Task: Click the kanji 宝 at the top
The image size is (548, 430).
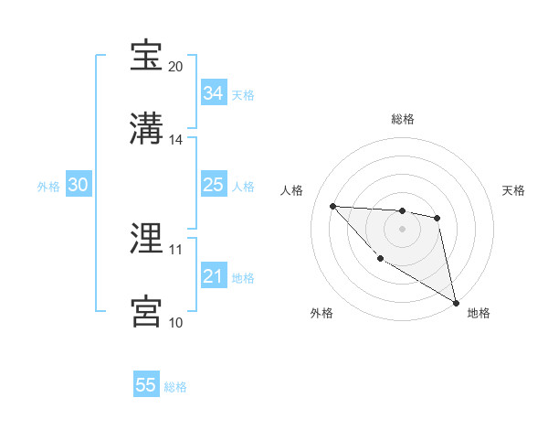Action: tap(146, 56)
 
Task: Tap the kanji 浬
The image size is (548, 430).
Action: tap(146, 239)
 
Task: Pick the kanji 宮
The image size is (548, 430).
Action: tap(146, 311)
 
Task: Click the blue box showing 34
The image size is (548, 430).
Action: tap(214, 93)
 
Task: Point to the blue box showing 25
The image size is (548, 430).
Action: tap(214, 186)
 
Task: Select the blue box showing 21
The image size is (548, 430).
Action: tap(214, 276)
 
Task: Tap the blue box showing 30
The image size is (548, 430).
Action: tap(79, 185)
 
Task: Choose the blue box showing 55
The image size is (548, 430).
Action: tap(146, 385)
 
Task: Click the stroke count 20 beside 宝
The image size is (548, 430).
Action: tap(176, 67)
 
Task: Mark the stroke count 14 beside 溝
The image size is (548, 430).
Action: tap(176, 140)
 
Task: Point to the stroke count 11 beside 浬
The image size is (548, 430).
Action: tap(175, 249)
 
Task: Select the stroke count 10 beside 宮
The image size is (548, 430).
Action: tap(175, 322)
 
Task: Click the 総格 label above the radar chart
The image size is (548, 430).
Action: tap(403, 119)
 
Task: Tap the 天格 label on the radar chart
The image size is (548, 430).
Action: tap(514, 190)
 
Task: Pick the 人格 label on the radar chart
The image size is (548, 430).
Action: tap(292, 190)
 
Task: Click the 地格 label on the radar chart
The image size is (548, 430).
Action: tap(479, 313)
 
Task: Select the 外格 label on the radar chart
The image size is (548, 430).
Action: tap(321, 313)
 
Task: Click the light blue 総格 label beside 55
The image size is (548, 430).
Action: tap(175, 387)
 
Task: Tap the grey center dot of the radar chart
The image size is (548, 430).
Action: tap(402, 229)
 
